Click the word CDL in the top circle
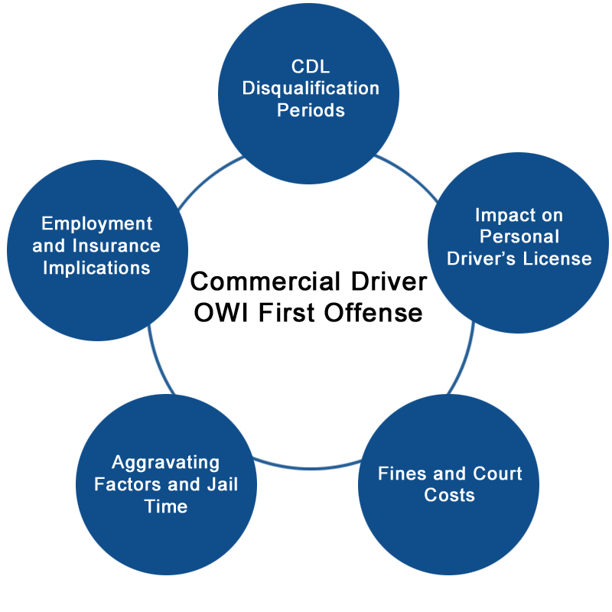coord(311,67)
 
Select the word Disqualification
coord(311,89)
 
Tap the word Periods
coord(311,110)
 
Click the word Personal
coord(519,236)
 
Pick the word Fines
coord(402,474)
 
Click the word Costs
coord(449,495)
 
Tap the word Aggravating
coord(166,464)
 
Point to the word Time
coord(166,506)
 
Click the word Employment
coord(97,224)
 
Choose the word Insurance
coord(116,246)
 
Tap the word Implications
coord(97,269)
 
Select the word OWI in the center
coord(221,313)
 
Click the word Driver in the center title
coord(389,282)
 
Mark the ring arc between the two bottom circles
coord(308,467)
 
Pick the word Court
coord(497,474)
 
